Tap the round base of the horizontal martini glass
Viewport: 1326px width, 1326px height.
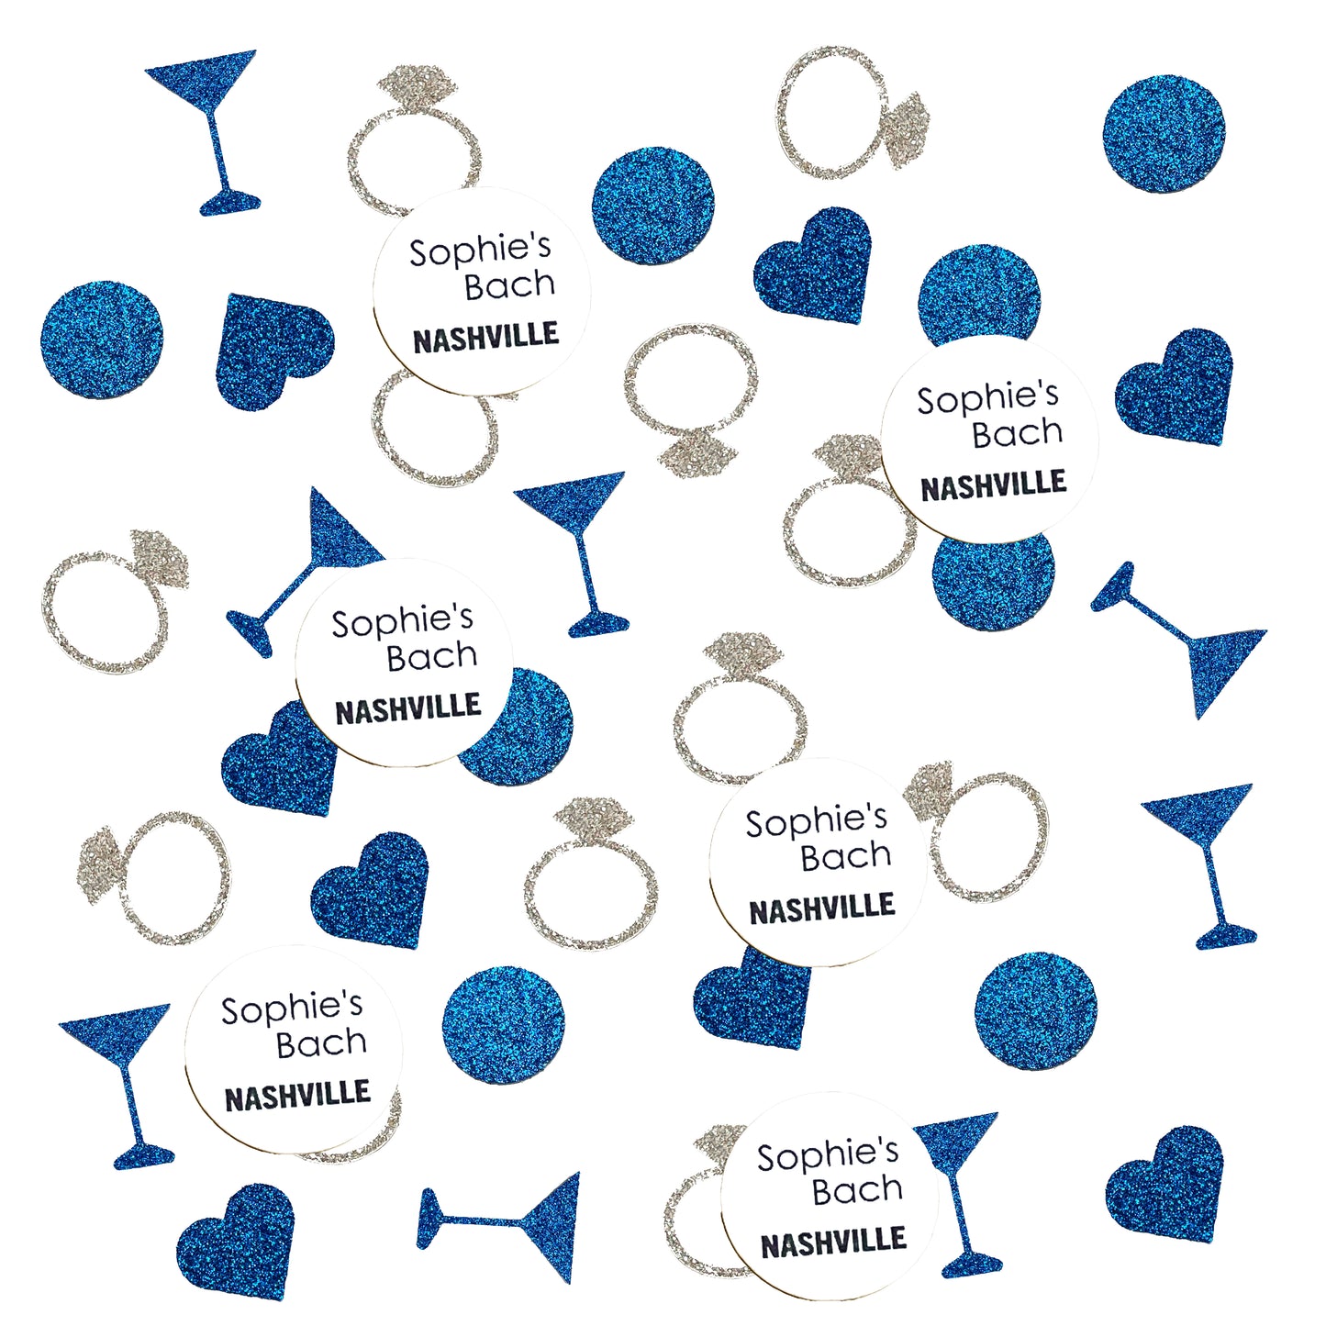point(428,1219)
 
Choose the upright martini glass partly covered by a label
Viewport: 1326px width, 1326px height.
point(959,1193)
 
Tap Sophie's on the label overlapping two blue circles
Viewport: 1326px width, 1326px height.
point(987,398)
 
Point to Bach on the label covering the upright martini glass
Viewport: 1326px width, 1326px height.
point(857,1190)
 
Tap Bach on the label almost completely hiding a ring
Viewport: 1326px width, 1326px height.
point(321,1043)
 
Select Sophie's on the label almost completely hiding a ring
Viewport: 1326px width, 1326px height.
point(291,1008)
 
